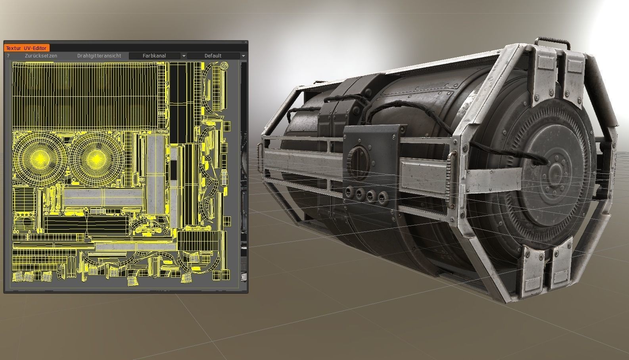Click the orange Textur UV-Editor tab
tap(26, 48)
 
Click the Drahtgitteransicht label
tap(99, 56)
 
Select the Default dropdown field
tap(213, 56)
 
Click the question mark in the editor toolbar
tap(8, 56)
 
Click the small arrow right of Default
tap(243, 56)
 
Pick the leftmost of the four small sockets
tap(349, 193)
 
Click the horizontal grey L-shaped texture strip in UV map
tap(103, 197)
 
